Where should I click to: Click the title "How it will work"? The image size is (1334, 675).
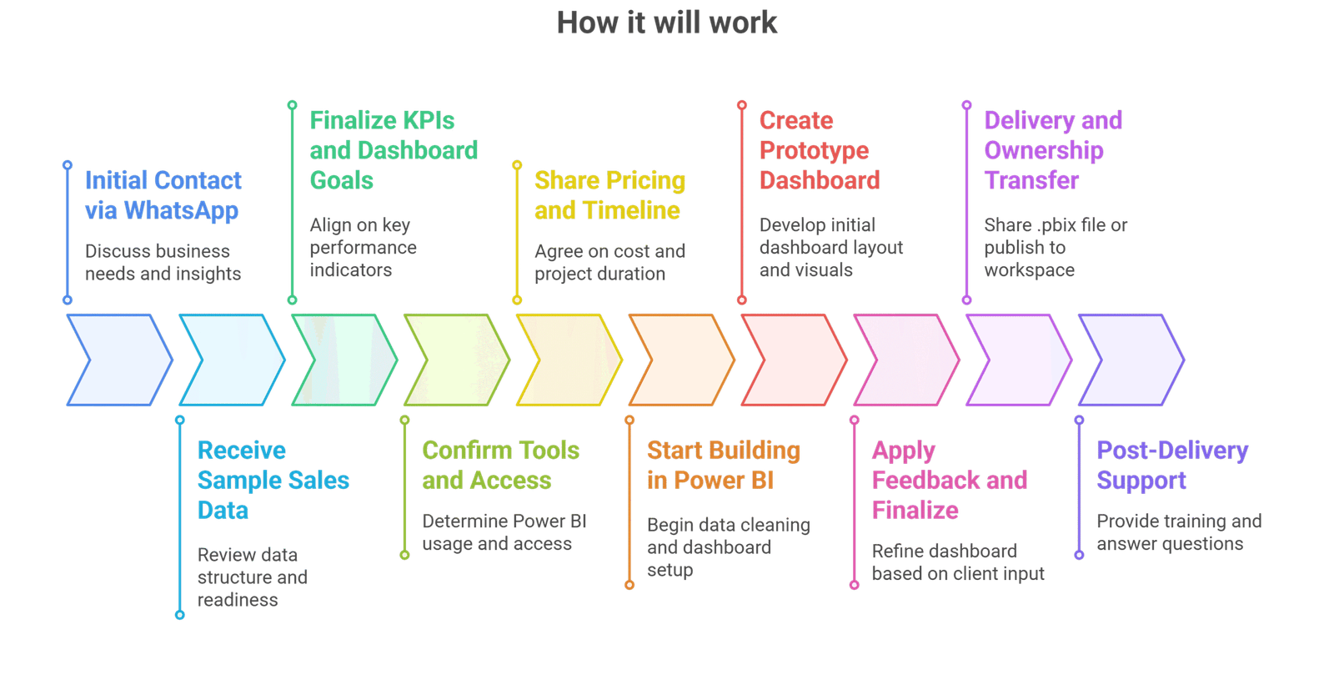point(666,23)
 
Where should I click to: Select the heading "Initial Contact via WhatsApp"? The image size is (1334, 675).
point(163,195)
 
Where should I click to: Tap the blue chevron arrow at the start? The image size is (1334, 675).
point(119,360)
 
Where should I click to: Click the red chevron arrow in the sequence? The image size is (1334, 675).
point(794,360)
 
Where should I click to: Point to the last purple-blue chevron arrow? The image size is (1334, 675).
point(1131,360)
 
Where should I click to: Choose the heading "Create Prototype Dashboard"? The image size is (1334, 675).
point(820,150)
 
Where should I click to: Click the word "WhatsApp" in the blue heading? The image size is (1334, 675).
point(181,211)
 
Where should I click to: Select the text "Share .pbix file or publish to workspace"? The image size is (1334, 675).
point(1056,247)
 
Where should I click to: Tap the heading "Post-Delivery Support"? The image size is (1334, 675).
point(1172,466)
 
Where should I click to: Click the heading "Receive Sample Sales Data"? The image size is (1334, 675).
point(273,481)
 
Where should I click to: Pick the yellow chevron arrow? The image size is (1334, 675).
point(569,360)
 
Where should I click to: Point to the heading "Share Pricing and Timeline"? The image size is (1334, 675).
point(609,195)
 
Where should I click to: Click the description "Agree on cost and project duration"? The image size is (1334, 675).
point(609,262)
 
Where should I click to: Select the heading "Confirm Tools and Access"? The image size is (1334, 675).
point(500,466)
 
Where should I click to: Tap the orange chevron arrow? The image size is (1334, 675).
point(682,360)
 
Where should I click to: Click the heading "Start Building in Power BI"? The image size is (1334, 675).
point(724,466)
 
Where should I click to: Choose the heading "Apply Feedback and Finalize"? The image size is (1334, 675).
point(950,481)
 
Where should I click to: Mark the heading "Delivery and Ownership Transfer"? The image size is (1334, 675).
point(1053,150)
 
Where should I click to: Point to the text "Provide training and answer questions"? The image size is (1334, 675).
point(1179,532)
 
